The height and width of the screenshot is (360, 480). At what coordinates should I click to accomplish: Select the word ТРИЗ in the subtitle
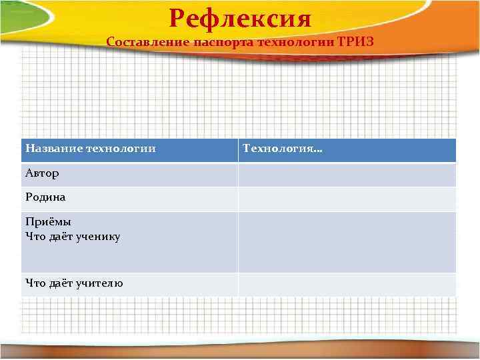tap(356, 41)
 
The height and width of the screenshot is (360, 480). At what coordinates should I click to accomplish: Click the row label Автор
tap(42, 173)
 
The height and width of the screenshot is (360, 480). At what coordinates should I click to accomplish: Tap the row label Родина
tap(45, 197)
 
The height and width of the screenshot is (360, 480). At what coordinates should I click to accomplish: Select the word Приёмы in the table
tap(48, 222)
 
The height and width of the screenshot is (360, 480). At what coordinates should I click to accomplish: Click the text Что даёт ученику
tap(73, 236)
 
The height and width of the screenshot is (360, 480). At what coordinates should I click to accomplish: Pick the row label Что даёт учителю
tap(73, 283)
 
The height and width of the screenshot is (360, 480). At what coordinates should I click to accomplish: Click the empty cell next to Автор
tap(347, 174)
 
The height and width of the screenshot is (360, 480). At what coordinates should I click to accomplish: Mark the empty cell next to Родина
tap(347, 199)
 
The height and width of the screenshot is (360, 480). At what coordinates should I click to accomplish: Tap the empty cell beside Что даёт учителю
tap(347, 284)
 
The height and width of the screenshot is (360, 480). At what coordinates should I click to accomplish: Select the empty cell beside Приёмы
tap(347, 241)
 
